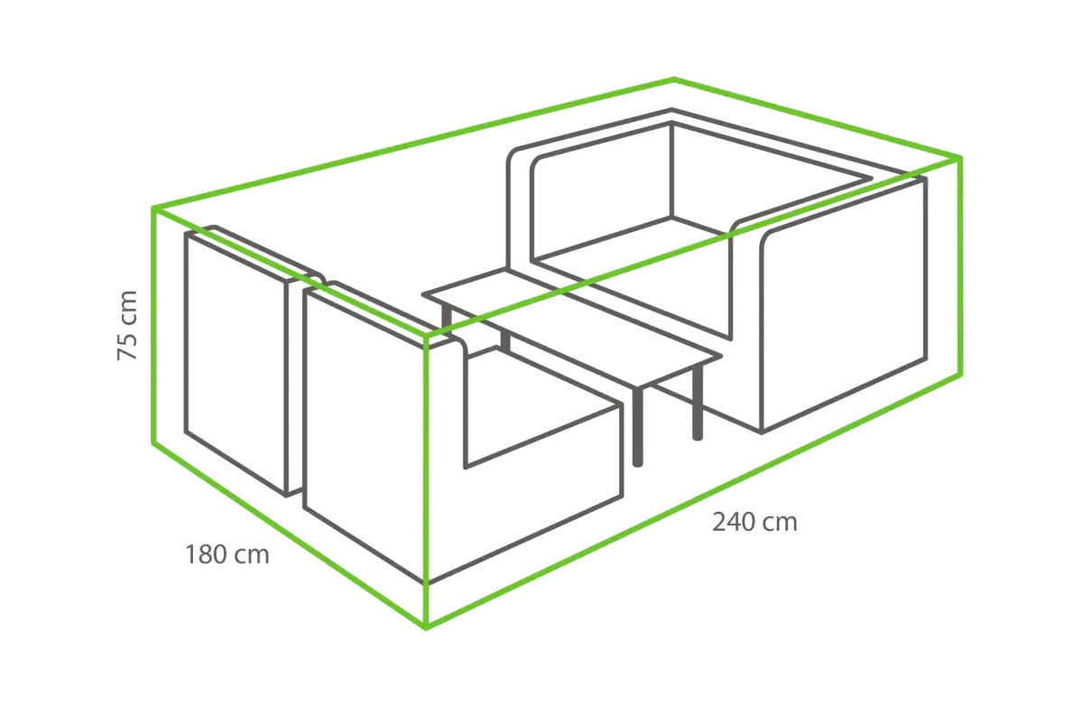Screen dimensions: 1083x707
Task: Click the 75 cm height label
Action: pyautogui.click(x=127, y=325)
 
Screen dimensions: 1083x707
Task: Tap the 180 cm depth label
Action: pyautogui.click(x=227, y=554)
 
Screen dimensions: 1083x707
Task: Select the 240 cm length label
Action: pyautogui.click(x=754, y=523)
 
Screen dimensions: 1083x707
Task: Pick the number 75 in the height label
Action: pyautogui.click(x=127, y=346)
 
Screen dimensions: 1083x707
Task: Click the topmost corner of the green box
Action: pyautogui.click(x=673, y=78)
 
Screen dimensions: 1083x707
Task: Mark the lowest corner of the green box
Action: pyautogui.click(x=426, y=628)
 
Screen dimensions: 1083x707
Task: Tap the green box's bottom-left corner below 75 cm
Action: pyautogui.click(x=153, y=443)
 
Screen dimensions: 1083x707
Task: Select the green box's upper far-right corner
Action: pyautogui.click(x=960, y=158)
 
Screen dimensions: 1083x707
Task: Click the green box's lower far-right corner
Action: pyautogui.click(x=960, y=374)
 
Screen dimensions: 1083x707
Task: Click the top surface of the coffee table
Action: pyautogui.click(x=570, y=329)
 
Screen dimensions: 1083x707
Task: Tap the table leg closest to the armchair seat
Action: pyautogui.click(x=638, y=425)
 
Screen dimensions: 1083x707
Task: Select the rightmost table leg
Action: pyautogui.click(x=697, y=404)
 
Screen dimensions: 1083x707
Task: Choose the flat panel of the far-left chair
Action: pyautogui.click(x=236, y=363)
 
